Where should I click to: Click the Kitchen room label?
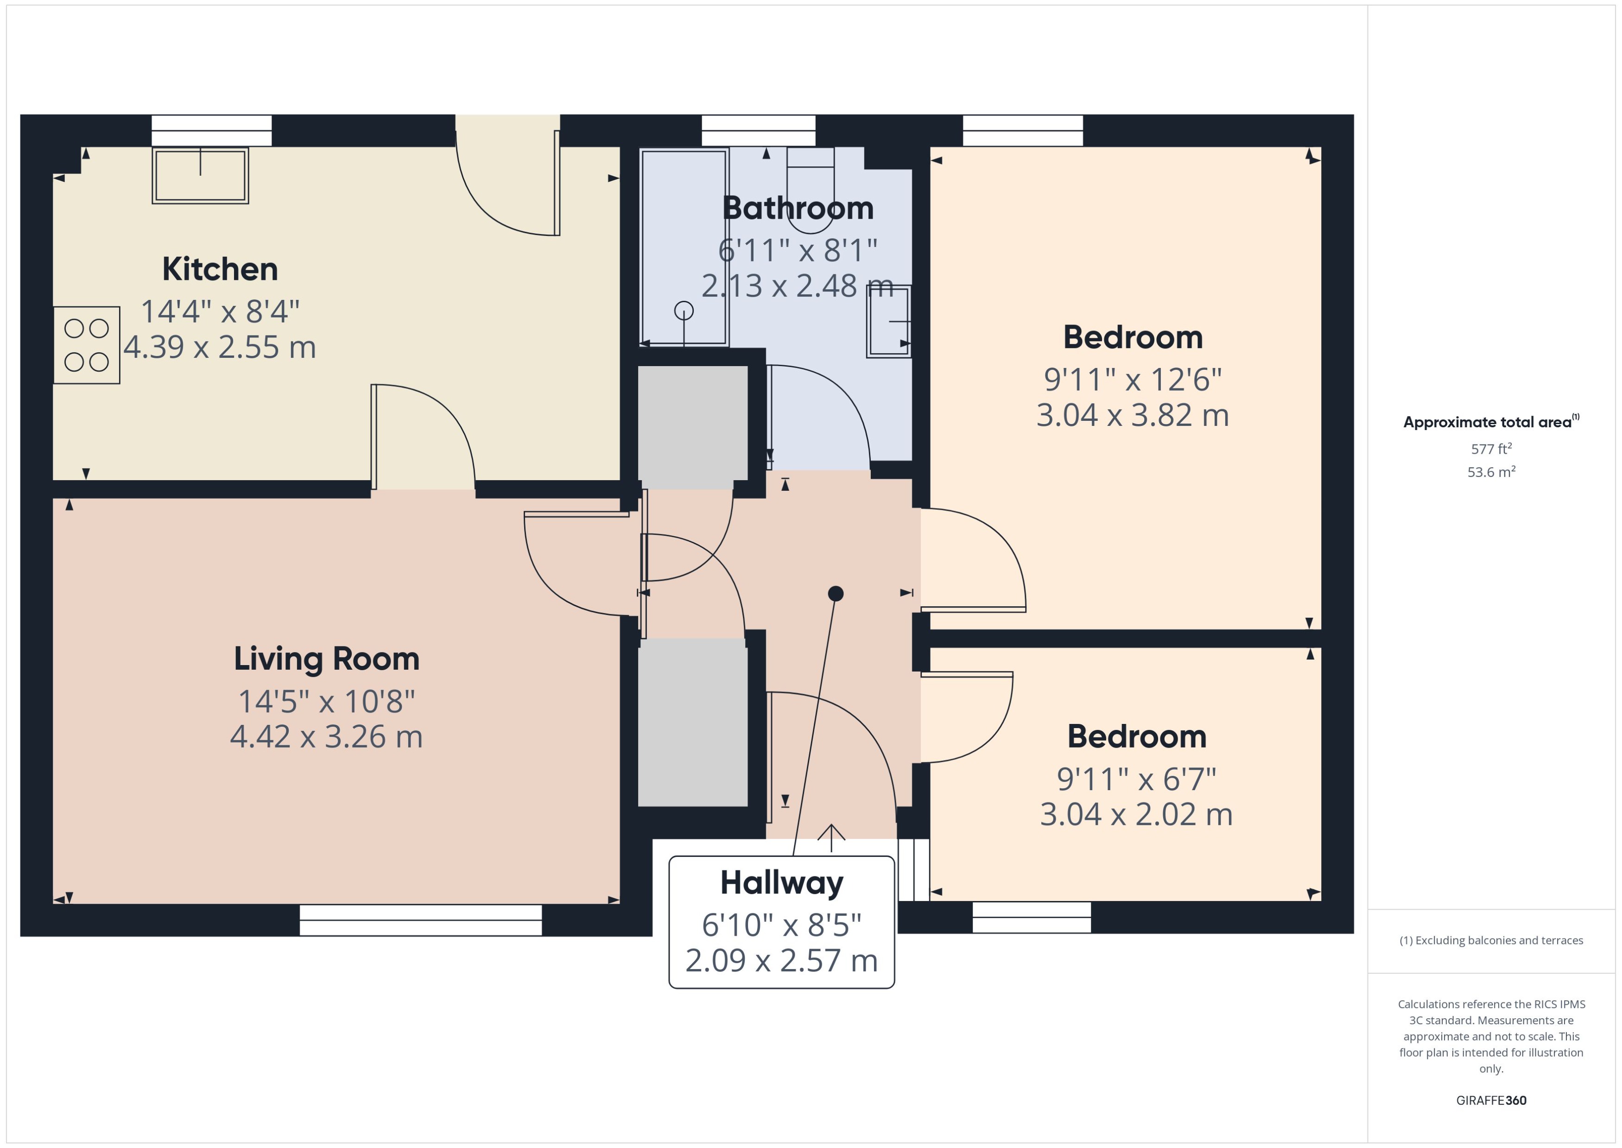coord(220,269)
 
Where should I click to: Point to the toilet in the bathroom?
coord(811,190)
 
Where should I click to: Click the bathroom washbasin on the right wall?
coord(888,321)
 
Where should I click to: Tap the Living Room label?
coord(327,659)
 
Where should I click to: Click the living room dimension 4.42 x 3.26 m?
coord(327,736)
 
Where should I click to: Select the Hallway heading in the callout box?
coord(782,883)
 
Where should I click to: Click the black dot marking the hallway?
coord(836,593)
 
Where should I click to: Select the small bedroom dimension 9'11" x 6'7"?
coord(1136,779)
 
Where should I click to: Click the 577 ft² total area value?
coord(1491,449)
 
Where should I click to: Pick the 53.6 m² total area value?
coord(1491,471)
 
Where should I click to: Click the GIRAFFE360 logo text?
coord(1491,1101)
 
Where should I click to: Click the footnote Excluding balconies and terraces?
coord(1491,940)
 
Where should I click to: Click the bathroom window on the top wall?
coord(758,131)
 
